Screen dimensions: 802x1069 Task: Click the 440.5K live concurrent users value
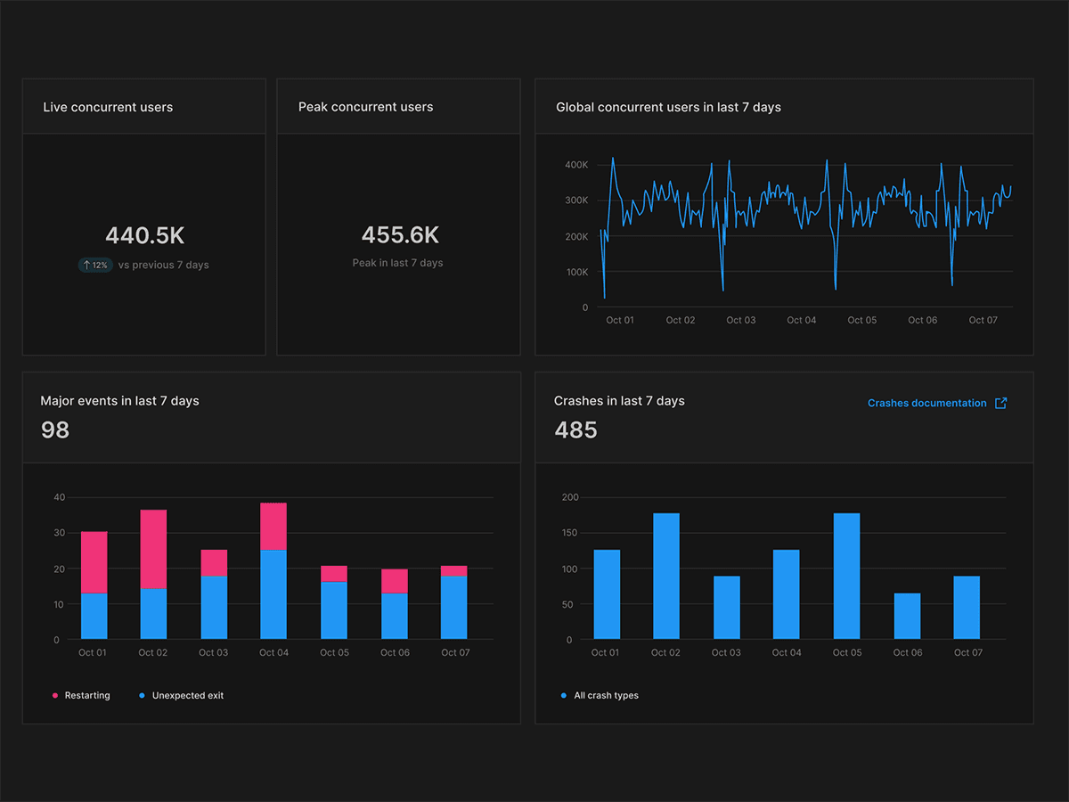tap(144, 235)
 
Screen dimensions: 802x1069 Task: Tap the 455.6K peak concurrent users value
tap(400, 234)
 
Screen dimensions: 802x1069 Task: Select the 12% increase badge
tap(94, 265)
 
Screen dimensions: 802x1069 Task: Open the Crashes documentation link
tap(926, 403)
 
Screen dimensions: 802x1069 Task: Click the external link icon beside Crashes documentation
tap(1000, 403)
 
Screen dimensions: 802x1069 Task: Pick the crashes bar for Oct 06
tap(907, 616)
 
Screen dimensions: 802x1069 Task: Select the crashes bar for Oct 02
tap(665, 576)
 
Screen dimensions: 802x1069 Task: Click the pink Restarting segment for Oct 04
tap(273, 527)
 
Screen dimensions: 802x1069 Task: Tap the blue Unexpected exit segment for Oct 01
tap(94, 616)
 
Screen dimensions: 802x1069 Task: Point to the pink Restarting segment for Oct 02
tap(153, 549)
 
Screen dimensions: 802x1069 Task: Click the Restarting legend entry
tap(81, 695)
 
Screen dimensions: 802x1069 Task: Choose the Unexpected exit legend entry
tap(182, 695)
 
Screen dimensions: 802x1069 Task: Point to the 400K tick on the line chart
tap(575, 165)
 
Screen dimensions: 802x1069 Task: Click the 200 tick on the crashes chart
tap(569, 497)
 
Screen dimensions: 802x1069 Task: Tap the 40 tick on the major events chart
tap(60, 497)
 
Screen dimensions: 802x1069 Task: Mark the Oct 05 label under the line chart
tap(861, 320)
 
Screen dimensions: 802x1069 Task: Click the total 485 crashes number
tap(575, 430)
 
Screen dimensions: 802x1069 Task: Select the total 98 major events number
tap(55, 430)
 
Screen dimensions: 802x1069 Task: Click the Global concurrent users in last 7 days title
tap(668, 107)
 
